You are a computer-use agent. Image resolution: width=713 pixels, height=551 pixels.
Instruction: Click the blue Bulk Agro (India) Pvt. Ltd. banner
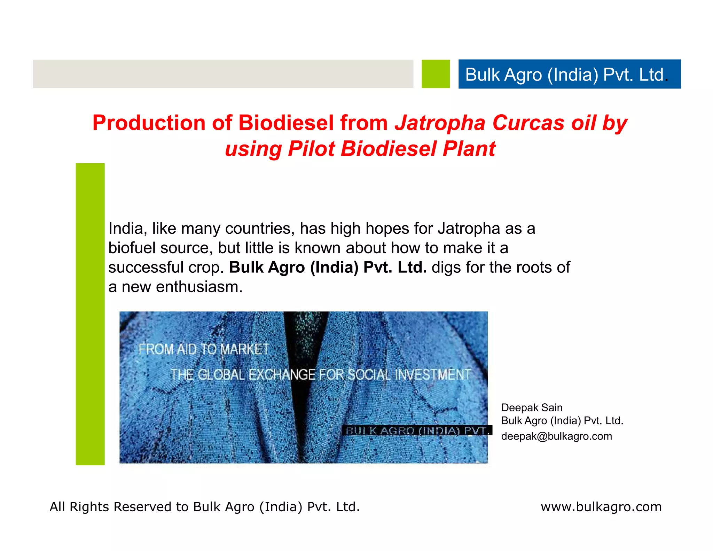click(x=569, y=74)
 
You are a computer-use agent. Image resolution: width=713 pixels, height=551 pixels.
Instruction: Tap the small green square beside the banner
click(x=436, y=74)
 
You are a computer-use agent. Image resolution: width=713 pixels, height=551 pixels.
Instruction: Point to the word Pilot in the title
click(x=311, y=149)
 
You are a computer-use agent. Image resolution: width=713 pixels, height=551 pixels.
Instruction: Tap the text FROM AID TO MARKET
click(x=204, y=349)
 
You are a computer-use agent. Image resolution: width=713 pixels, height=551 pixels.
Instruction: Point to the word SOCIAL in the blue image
click(x=369, y=375)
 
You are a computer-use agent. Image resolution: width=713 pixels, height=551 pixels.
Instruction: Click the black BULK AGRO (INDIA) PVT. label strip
click(x=417, y=430)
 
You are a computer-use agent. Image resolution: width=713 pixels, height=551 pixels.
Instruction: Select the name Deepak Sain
click(x=532, y=408)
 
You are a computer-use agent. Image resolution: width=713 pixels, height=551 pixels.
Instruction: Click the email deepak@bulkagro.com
click(x=556, y=436)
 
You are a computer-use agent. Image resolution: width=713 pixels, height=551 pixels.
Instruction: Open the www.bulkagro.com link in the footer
click(x=601, y=507)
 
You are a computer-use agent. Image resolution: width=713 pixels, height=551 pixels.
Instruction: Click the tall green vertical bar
click(x=90, y=313)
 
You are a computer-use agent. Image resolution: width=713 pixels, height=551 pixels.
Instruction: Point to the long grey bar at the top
click(x=223, y=74)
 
